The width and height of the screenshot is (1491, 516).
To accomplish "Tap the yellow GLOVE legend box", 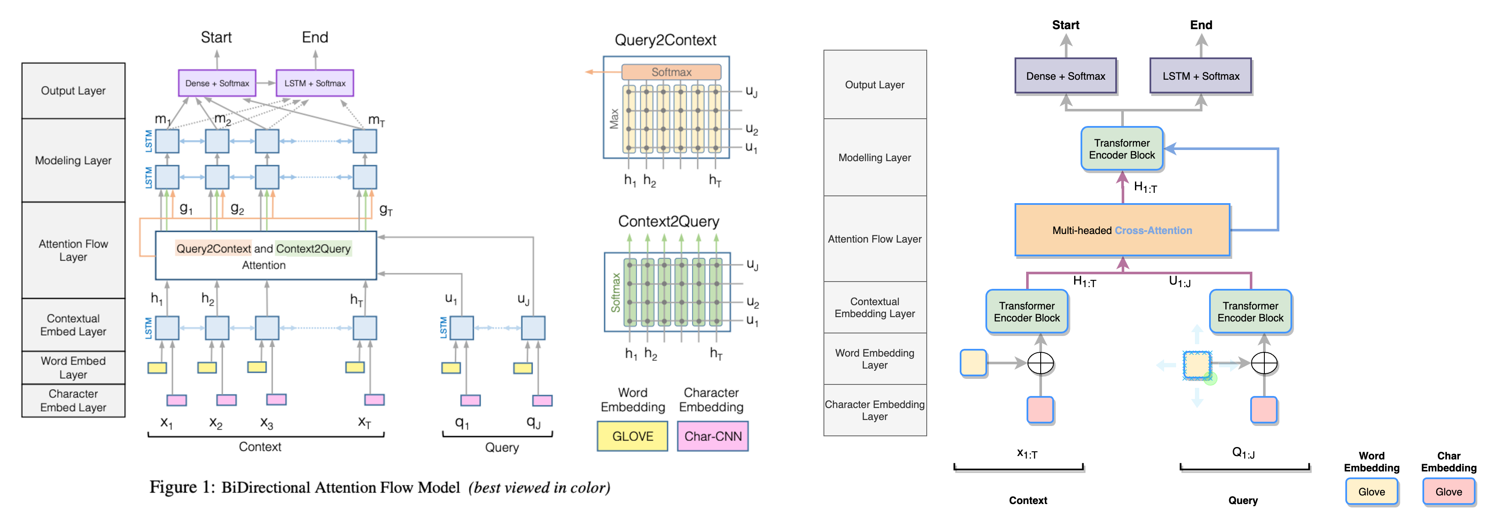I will click(x=632, y=436).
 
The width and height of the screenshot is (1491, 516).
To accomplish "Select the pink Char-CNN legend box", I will click(x=713, y=436).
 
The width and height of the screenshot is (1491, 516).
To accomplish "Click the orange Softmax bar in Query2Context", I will click(x=671, y=72).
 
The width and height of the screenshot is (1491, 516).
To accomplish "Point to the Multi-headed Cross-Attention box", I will click(x=1122, y=230).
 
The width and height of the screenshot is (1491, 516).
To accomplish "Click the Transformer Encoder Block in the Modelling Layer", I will click(x=1122, y=149).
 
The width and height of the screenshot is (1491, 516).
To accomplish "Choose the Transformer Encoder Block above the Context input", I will click(x=1027, y=312).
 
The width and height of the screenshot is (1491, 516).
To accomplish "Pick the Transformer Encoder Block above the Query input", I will click(x=1250, y=312).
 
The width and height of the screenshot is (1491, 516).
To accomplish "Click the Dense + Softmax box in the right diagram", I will click(x=1066, y=76).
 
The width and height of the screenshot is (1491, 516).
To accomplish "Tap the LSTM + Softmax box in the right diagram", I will click(x=1201, y=76).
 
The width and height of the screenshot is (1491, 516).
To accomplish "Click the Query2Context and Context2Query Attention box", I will click(x=266, y=256).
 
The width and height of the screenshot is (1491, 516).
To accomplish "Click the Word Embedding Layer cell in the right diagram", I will click(x=874, y=358).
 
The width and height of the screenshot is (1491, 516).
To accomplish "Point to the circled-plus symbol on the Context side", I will click(x=1040, y=363).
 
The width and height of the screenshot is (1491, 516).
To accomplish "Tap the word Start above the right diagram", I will click(x=1066, y=25).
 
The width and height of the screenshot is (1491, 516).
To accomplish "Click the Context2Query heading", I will click(x=668, y=221).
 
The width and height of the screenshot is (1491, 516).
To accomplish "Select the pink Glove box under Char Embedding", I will click(x=1449, y=492).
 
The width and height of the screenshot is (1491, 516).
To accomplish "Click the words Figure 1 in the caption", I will click(x=182, y=487).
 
